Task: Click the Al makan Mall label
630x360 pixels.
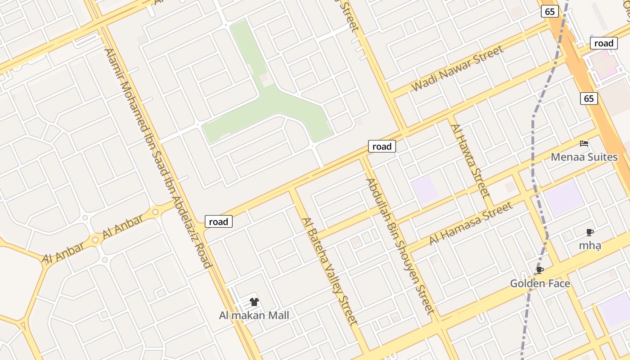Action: click(x=254, y=315)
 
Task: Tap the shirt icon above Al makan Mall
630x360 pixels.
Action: click(x=254, y=302)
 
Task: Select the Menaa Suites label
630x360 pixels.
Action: click(x=584, y=157)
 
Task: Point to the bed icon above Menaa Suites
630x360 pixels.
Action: click(x=584, y=144)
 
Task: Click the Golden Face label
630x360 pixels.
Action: click(x=540, y=283)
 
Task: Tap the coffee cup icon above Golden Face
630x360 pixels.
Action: click(x=540, y=270)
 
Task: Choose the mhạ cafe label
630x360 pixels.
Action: click(x=590, y=246)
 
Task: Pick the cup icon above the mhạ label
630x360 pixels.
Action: click(x=590, y=233)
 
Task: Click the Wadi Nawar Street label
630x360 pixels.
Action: click(x=458, y=68)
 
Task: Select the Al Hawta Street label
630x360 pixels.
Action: click(x=470, y=161)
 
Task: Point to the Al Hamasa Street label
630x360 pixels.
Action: click(x=470, y=223)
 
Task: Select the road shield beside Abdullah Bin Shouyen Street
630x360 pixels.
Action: click(x=382, y=146)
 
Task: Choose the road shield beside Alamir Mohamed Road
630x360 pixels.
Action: click(x=219, y=221)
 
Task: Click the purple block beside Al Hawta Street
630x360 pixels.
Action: click(x=425, y=189)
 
